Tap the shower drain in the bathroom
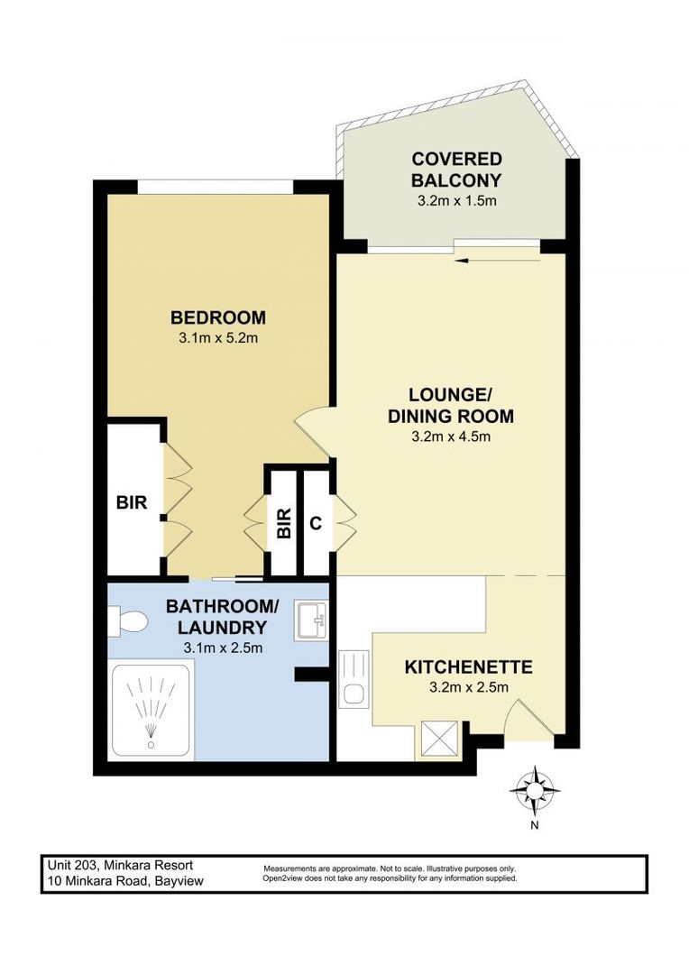[x=150, y=745]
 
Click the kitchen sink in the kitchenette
[x=355, y=694]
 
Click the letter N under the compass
[x=534, y=824]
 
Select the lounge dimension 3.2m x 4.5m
[x=450, y=437]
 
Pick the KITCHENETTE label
[x=468, y=668]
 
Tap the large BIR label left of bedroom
[x=131, y=503]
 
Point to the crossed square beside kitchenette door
[x=439, y=740]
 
